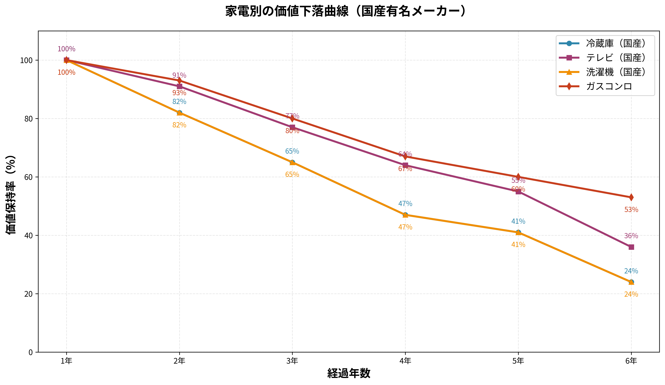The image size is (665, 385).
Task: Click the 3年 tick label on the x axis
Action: [x=292, y=361]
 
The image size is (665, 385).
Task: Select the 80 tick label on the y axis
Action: [x=28, y=119]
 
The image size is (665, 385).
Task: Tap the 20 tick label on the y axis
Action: [x=28, y=294]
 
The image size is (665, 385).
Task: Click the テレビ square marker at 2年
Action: [x=179, y=86]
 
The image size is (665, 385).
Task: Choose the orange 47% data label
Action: [x=405, y=227]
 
